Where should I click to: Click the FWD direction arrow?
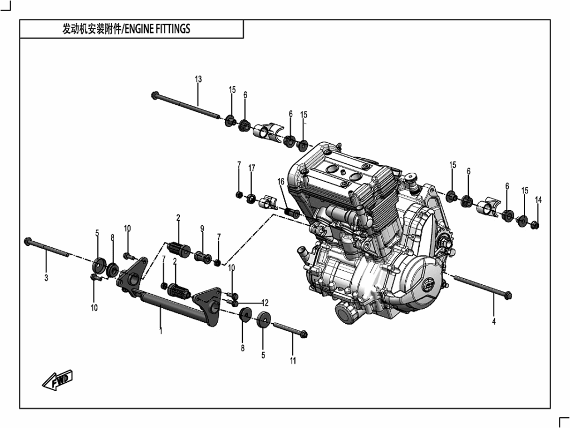pyautogui.click(x=57, y=380)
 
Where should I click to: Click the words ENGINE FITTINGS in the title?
pyautogui.click(x=158, y=29)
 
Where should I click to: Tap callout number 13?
pyautogui.click(x=198, y=79)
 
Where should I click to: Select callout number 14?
pyautogui.click(x=538, y=200)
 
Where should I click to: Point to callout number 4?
pyautogui.click(x=494, y=322)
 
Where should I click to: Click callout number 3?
pyautogui.click(x=46, y=278)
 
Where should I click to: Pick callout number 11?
pyautogui.click(x=293, y=361)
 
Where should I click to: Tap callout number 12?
pyautogui.click(x=265, y=303)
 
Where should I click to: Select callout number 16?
pyautogui.click(x=281, y=182)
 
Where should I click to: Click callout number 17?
pyautogui.click(x=252, y=168)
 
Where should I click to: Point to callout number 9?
pyautogui.click(x=202, y=228)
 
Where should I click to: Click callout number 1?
pyautogui.click(x=161, y=331)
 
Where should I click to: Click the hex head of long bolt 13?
pyautogui.click(x=155, y=95)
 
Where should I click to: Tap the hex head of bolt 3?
pyautogui.click(x=28, y=241)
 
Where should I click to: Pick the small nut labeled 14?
pyautogui.click(x=535, y=225)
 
